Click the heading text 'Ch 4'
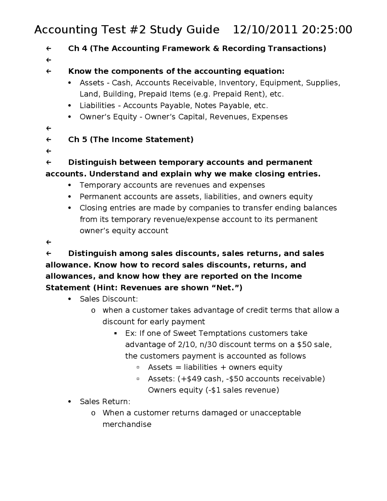click(x=77, y=48)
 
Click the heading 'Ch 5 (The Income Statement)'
click(x=131, y=139)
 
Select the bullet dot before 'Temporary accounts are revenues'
click(x=70, y=185)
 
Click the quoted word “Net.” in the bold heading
click(x=229, y=288)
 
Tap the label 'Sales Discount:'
click(x=109, y=299)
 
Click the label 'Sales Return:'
click(x=105, y=401)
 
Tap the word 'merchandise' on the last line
click(x=127, y=424)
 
